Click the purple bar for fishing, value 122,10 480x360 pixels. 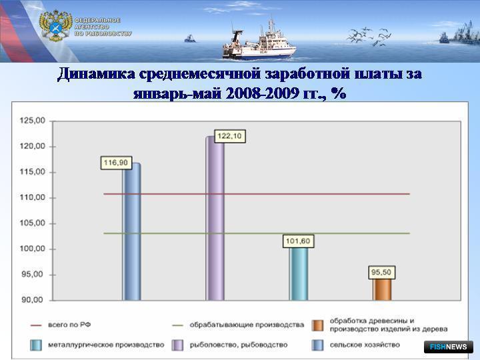click(x=215, y=218)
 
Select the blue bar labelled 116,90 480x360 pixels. click(x=131, y=232)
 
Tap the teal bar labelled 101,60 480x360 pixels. click(x=299, y=274)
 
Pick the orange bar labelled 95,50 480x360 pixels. click(x=382, y=289)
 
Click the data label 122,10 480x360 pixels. click(x=229, y=136)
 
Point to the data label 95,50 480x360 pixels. click(x=381, y=272)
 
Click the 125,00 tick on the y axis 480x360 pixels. click(x=33, y=121)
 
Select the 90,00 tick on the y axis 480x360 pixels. click(x=33, y=300)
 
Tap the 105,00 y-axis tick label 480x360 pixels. click(x=33, y=223)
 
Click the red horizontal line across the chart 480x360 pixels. click(x=257, y=194)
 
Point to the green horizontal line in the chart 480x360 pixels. click(x=257, y=233)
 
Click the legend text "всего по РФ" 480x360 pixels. click(x=69, y=325)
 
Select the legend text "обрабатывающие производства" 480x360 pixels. click(x=247, y=325)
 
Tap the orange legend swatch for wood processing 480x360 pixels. click(x=317, y=325)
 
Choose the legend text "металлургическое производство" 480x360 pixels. click(x=106, y=345)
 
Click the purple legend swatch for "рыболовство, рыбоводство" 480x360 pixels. click(x=177, y=345)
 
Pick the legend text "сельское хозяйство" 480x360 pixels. click(x=365, y=345)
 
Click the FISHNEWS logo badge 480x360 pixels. click(x=449, y=347)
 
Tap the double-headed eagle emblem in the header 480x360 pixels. click(x=56, y=26)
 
